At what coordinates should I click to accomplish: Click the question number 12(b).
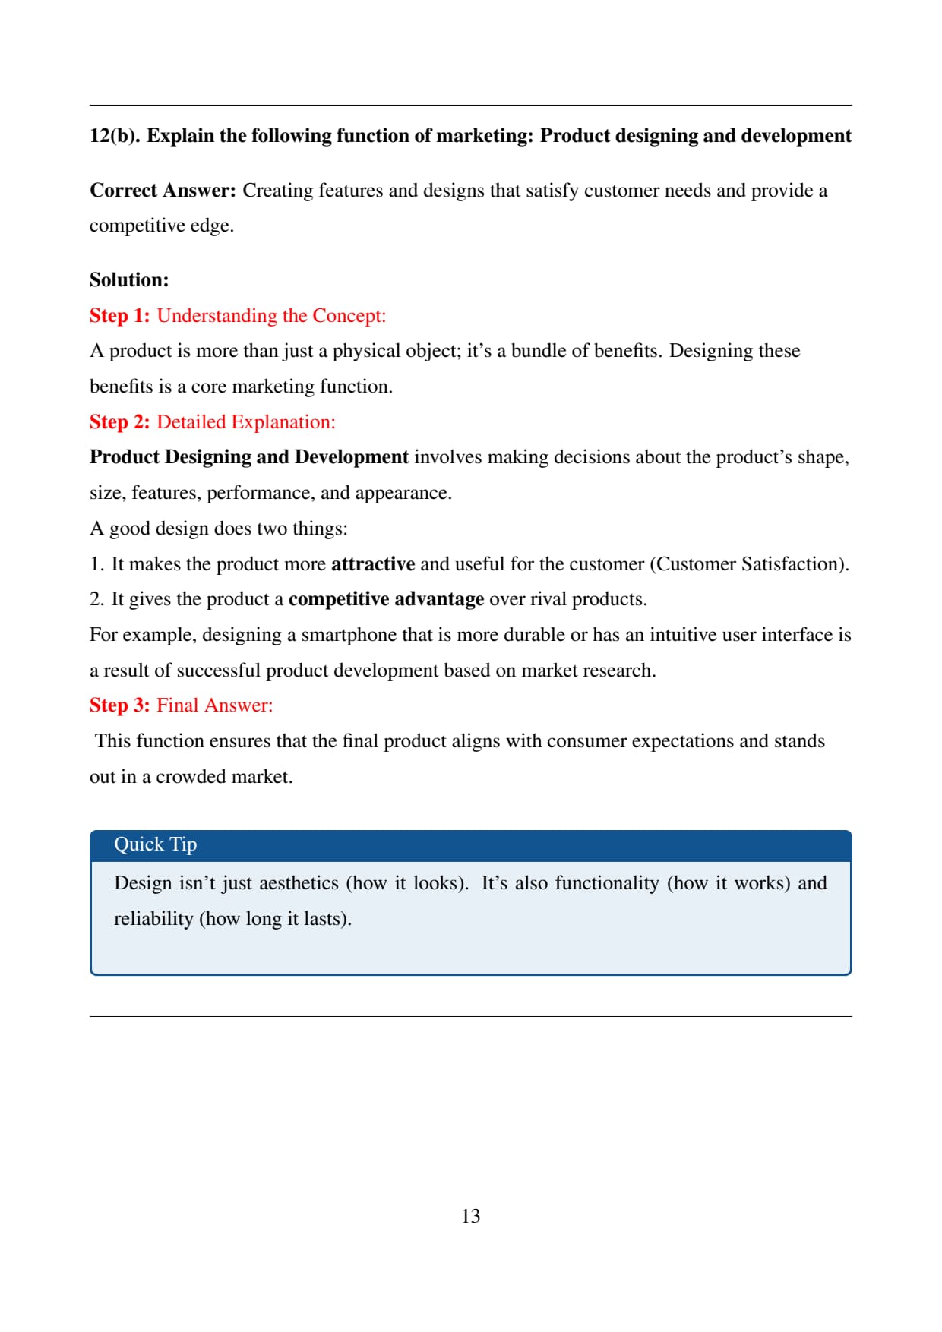pos(115,136)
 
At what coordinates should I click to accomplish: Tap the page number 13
pos(470,1216)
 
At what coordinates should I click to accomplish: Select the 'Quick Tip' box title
pos(155,844)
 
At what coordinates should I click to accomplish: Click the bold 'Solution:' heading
pos(129,280)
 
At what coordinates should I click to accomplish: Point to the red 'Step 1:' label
pos(120,316)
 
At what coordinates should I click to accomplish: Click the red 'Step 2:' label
pos(120,422)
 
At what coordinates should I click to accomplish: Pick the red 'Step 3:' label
pos(120,705)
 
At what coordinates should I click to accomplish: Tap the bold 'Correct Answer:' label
pos(163,191)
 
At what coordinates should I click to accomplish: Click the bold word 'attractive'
pos(373,564)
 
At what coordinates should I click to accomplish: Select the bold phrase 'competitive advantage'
pos(386,599)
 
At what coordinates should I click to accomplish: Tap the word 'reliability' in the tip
pos(153,919)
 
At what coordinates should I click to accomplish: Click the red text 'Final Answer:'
pos(214,705)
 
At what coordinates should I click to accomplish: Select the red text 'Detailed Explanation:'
pos(245,422)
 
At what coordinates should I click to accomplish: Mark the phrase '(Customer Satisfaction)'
pos(749,564)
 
